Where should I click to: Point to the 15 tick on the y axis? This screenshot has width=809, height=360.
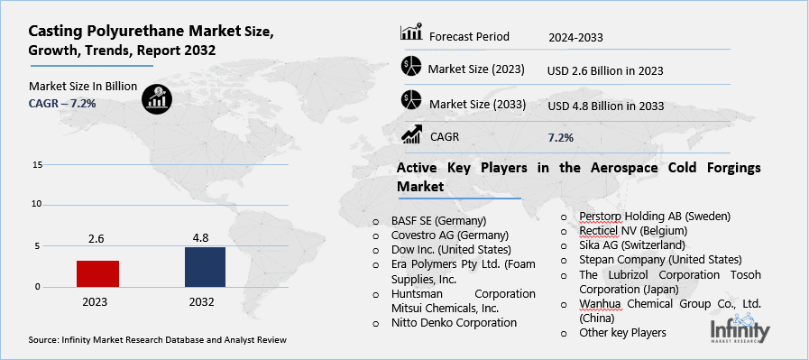pyautogui.click(x=37, y=165)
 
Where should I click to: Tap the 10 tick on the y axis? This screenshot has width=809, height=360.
pyautogui.click(x=37, y=204)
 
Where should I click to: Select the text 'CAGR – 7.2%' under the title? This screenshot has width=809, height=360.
pyautogui.click(x=63, y=104)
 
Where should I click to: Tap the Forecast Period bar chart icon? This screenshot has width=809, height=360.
pyautogui.click(x=411, y=34)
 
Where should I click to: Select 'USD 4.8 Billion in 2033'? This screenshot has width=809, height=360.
pyautogui.click(x=605, y=106)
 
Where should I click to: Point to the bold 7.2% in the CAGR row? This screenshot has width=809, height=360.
pyautogui.click(x=560, y=137)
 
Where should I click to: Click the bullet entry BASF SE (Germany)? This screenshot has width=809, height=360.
pyautogui.click(x=438, y=220)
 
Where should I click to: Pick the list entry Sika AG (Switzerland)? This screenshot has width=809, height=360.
pyautogui.click(x=633, y=245)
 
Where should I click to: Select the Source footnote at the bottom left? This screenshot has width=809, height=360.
pyautogui.click(x=158, y=340)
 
